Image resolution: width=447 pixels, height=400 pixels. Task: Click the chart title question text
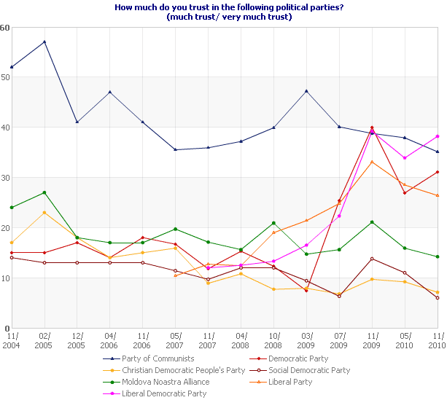[223, 8]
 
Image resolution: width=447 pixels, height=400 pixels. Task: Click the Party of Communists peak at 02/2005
[44, 42]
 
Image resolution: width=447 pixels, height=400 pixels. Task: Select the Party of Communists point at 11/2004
[12, 67]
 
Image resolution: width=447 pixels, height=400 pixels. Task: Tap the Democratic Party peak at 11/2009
[372, 128]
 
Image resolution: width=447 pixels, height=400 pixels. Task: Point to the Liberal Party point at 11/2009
[372, 162]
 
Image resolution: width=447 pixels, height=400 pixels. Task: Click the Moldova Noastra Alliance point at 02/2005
[44, 192]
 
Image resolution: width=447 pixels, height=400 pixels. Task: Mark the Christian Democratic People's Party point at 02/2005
[44, 213]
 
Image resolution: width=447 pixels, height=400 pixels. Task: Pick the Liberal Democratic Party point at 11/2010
[438, 136]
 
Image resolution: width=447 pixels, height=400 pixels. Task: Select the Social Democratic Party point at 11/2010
[438, 298]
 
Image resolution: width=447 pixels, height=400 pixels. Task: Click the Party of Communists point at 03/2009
[306, 91]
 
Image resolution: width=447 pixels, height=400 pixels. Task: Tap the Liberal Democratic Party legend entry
[165, 393]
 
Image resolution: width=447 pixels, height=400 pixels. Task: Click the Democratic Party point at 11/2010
[438, 172]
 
